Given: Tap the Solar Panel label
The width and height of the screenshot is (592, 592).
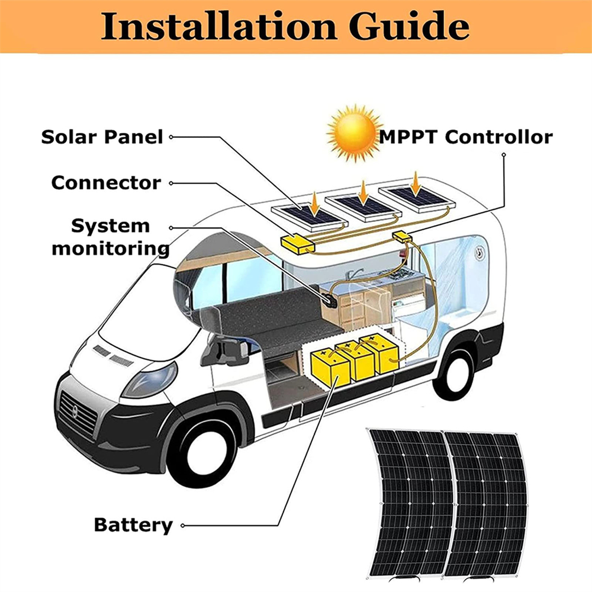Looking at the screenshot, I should [x=102, y=137].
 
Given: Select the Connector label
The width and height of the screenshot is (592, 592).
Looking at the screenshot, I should [x=106, y=182].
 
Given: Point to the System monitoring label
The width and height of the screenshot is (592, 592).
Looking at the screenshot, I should [x=110, y=237].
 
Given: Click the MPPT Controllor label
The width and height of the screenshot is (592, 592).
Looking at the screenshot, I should [x=466, y=137].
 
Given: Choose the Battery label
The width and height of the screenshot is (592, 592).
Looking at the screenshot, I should [x=133, y=525].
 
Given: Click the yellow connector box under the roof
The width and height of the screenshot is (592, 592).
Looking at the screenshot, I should [x=298, y=243].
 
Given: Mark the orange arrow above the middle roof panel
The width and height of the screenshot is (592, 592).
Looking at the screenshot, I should [x=362, y=191].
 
